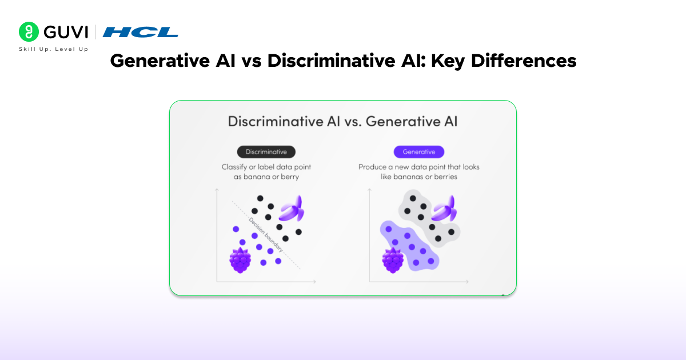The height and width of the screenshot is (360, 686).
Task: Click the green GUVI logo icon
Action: (x=29, y=32)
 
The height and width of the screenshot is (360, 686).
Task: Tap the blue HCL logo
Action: (x=140, y=32)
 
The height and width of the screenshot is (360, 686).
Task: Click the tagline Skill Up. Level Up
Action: (x=54, y=49)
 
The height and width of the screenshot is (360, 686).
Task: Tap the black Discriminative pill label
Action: (x=266, y=152)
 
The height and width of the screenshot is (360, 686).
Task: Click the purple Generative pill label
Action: (x=418, y=152)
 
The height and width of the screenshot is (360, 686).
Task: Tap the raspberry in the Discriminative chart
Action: (x=240, y=260)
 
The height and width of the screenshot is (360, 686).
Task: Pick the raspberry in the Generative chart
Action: (x=393, y=260)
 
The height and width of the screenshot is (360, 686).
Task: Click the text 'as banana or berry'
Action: (x=266, y=177)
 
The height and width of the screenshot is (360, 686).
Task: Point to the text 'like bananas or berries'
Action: (x=418, y=177)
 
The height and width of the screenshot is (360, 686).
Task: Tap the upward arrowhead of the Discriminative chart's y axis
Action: (x=217, y=190)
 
